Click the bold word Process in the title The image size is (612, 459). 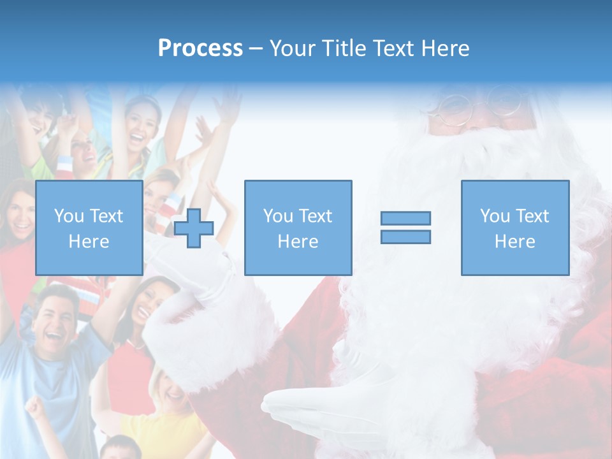[200, 48]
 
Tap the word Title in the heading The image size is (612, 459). [342, 48]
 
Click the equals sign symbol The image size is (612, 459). [405, 228]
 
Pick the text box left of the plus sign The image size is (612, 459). [89, 228]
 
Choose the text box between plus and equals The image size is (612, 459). [298, 228]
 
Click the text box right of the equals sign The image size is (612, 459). [514, 228]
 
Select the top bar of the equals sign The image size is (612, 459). [405, 218]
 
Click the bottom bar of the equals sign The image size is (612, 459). [405, 237]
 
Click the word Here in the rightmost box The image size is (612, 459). [514, 241]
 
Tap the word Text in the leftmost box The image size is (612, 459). [106, 216]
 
